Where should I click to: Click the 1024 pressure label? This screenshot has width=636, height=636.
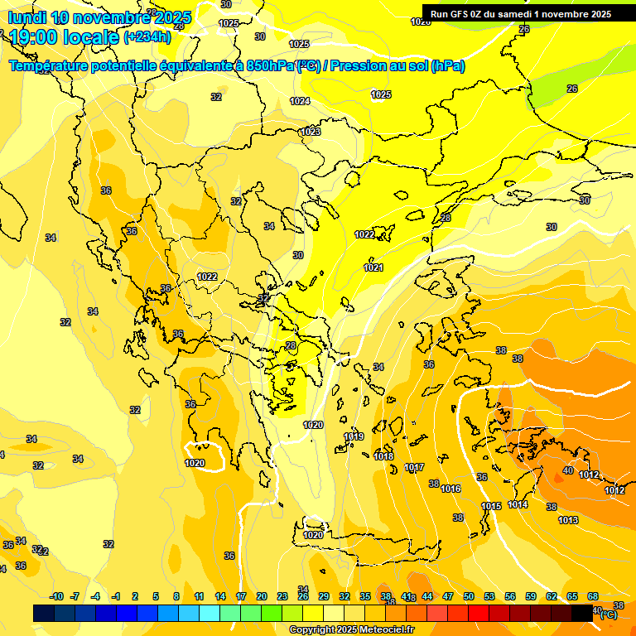pyautogui.click(x=300, y=101)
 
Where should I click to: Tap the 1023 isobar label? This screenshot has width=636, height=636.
pyautogui.click(x=311, y=132)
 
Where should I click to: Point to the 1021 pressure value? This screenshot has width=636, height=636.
pyautogui.click(x=373, y=267)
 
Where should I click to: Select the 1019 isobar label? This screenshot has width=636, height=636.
pyautogui.click(x=354, y=436)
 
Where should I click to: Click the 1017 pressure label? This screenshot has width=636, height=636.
pyautogui.click(x=414, y=468)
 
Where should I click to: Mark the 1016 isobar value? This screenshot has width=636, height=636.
pyautogui.click(x=450, y=489)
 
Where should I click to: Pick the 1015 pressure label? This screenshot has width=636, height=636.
pyautogui.click(x=491, y=506)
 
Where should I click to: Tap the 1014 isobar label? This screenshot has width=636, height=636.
pyautogui.click(x=518, y=504)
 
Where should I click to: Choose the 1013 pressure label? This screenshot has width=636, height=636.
pyautogui.click(x=568, y=520)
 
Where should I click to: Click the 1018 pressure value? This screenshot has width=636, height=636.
pyautogui.click(x=383, y=456)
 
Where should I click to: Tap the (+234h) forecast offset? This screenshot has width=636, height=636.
pyautogui.click(x=147, y=37)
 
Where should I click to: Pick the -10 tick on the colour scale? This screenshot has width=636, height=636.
pyautogui.click(x=56, y=596)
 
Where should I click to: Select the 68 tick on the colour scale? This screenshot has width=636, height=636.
pyautogui.click(x=593, y=596)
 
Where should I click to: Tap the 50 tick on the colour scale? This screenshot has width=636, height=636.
pyautogui.click(x=469, y=596)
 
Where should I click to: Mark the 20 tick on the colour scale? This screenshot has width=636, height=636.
pyautogui.click(x=262, y=596)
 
